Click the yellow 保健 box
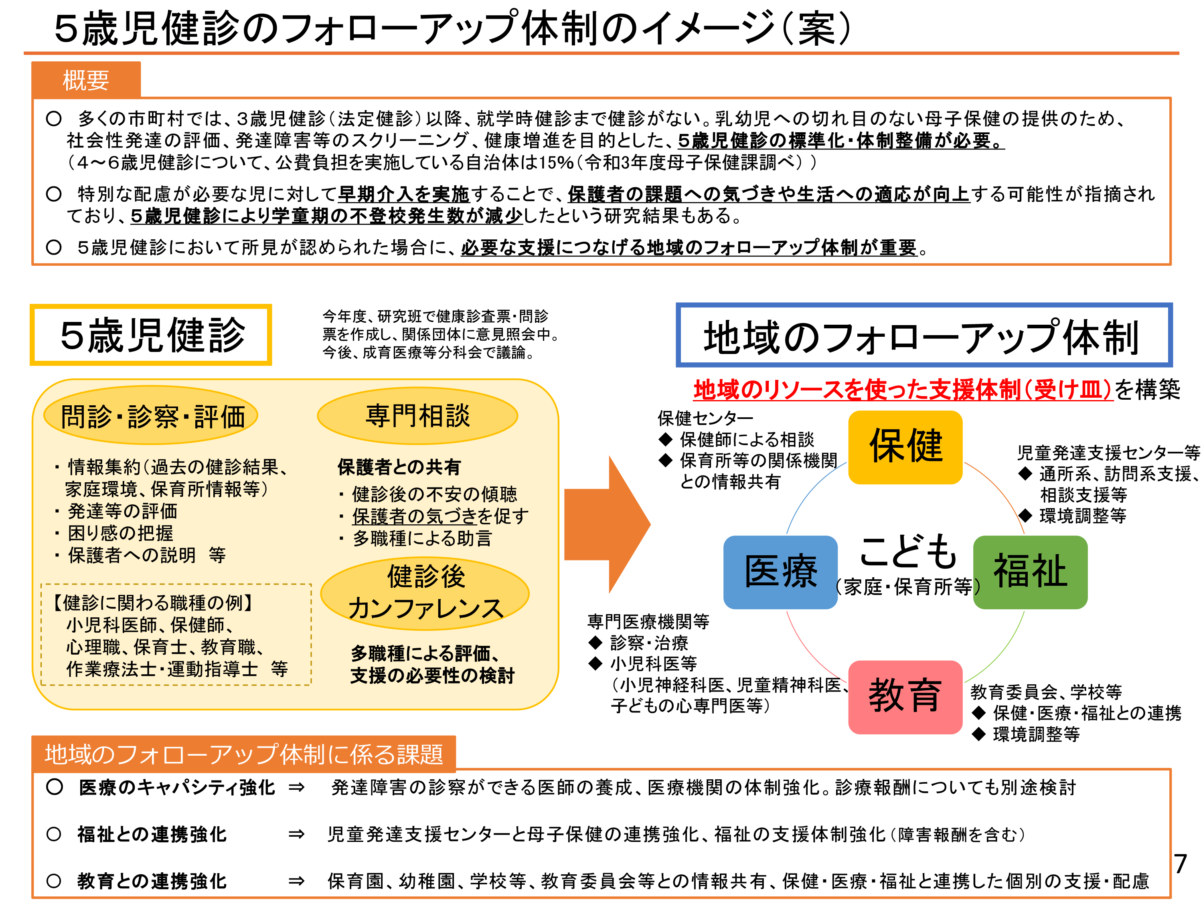tap(905, 447)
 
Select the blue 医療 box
tap(780, 572)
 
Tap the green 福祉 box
tap(1030, 572)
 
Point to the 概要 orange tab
tap(86, 80)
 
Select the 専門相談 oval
tap(417, 416)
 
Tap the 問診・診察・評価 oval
tap(151, 417)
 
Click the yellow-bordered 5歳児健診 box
tap(151, 335)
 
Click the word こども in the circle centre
tap(907, 550)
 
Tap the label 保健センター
tap(705, 418)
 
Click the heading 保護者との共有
tap(399, 467)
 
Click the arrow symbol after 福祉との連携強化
tap(296, 834)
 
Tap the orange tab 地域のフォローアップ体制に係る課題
tap(244, 754)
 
